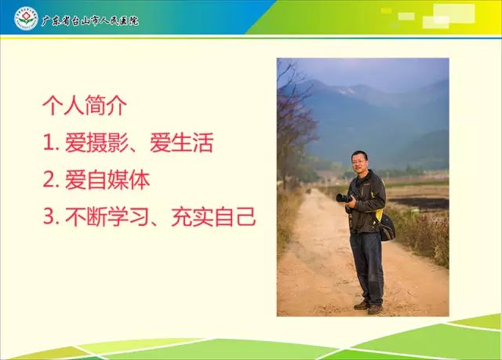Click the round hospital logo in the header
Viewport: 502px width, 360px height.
26,19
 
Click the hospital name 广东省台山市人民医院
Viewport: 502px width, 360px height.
90,21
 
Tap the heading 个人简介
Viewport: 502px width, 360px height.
85,105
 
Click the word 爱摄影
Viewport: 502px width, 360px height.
96,143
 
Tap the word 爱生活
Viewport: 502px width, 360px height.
181,143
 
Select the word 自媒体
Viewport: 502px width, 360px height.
118,180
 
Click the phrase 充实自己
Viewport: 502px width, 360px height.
213,217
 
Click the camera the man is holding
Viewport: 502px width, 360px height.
344,198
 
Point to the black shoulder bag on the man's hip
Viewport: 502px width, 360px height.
386,227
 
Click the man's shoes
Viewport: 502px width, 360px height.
369,307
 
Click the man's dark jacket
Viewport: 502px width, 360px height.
366,202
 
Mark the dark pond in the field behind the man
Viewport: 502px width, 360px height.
420,203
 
